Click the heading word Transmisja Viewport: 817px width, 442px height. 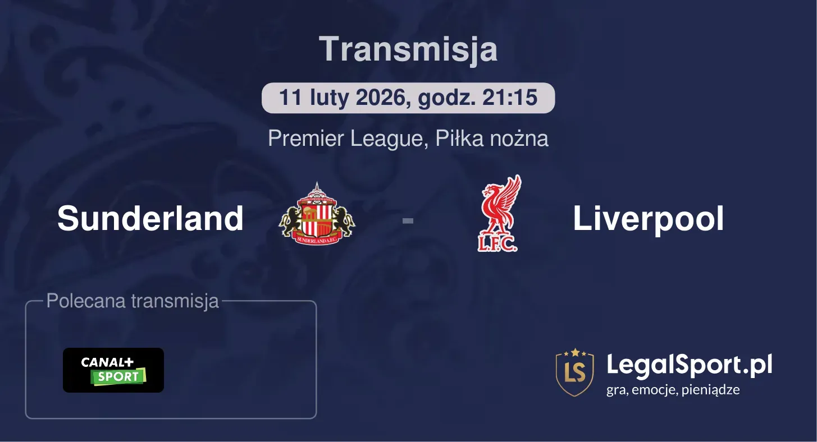[x=408, y=49]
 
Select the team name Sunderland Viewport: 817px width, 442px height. [x=150, y=218]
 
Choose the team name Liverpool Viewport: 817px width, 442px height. [x=648, y=218]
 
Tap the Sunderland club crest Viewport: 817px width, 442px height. [x=317, y=214]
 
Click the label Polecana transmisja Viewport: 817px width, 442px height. [x=133, y=301]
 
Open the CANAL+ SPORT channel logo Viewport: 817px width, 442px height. [x=113, y=370]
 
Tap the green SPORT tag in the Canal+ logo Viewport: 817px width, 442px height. [x=118, y=377]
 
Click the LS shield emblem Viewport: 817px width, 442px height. [x=574, y=374]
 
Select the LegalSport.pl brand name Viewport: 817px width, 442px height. [x=690, y=365]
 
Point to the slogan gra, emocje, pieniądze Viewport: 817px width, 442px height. [x=673, y=390]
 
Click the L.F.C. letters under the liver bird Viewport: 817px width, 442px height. [x=497, y=245]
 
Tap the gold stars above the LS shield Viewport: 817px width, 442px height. [x=574, y=352]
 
